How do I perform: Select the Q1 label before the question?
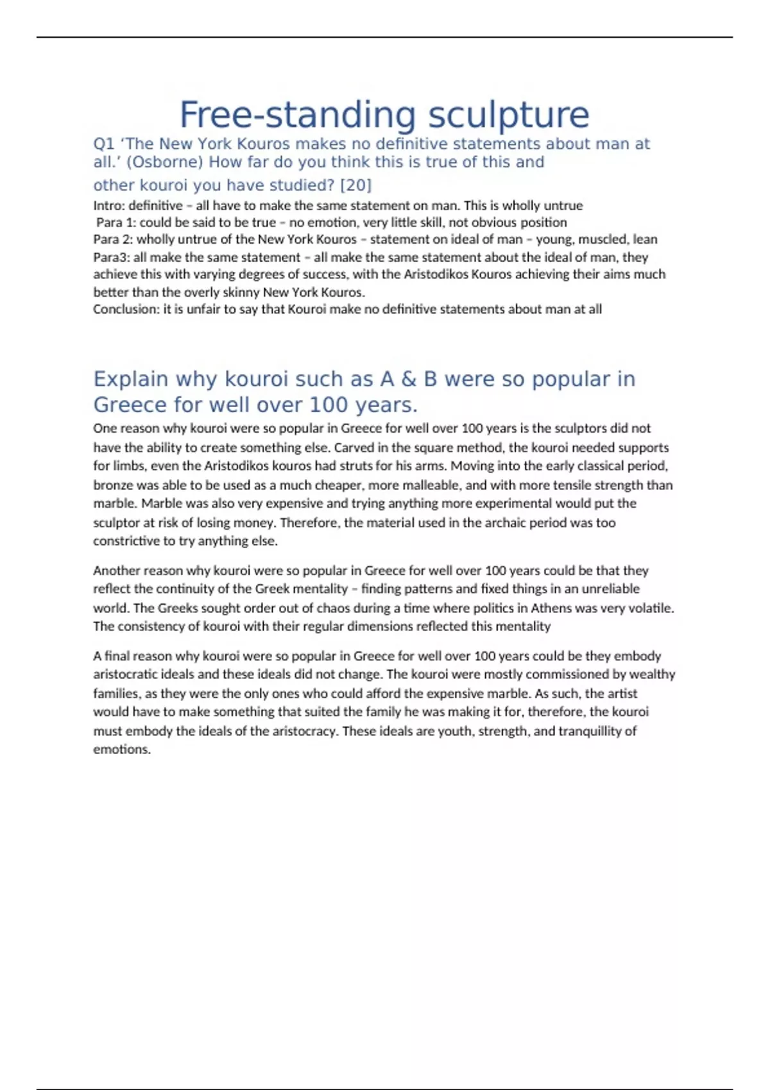[x=104, y=144]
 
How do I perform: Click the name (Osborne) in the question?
[x=166, y=162]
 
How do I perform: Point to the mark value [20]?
[x=355, y=185]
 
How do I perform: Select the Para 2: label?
[x=112, y=240]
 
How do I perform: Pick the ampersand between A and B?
[x=409, y=379]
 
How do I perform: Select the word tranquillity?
[x=597, y=731]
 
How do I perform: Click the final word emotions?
[x=121, y=750]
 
